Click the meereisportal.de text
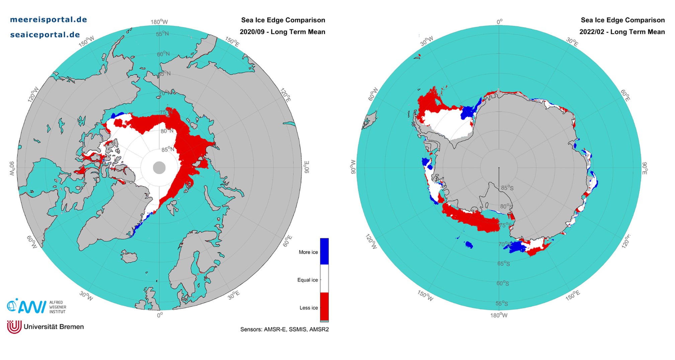click(49, 19)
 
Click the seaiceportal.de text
click(45, 34)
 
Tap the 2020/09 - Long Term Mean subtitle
click(282, 32)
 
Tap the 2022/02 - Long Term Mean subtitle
click(622, 32)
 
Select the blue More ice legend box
click(324, 251)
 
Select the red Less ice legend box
click(324, 306)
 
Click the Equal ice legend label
click(307, 280)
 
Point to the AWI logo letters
click(32, 306)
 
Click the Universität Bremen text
click(54, 327)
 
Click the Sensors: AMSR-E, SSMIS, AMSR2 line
click(284, 329)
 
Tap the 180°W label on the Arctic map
click(159, 22)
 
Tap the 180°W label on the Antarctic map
click(499, 315)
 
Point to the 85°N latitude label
click(168, 149)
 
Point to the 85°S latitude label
click(507, 188)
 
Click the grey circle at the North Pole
click(159, 167)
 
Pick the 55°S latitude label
click(501, 303)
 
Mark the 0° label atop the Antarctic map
click(499, 22)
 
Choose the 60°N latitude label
click(163, 54)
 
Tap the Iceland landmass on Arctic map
click(129, 257)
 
